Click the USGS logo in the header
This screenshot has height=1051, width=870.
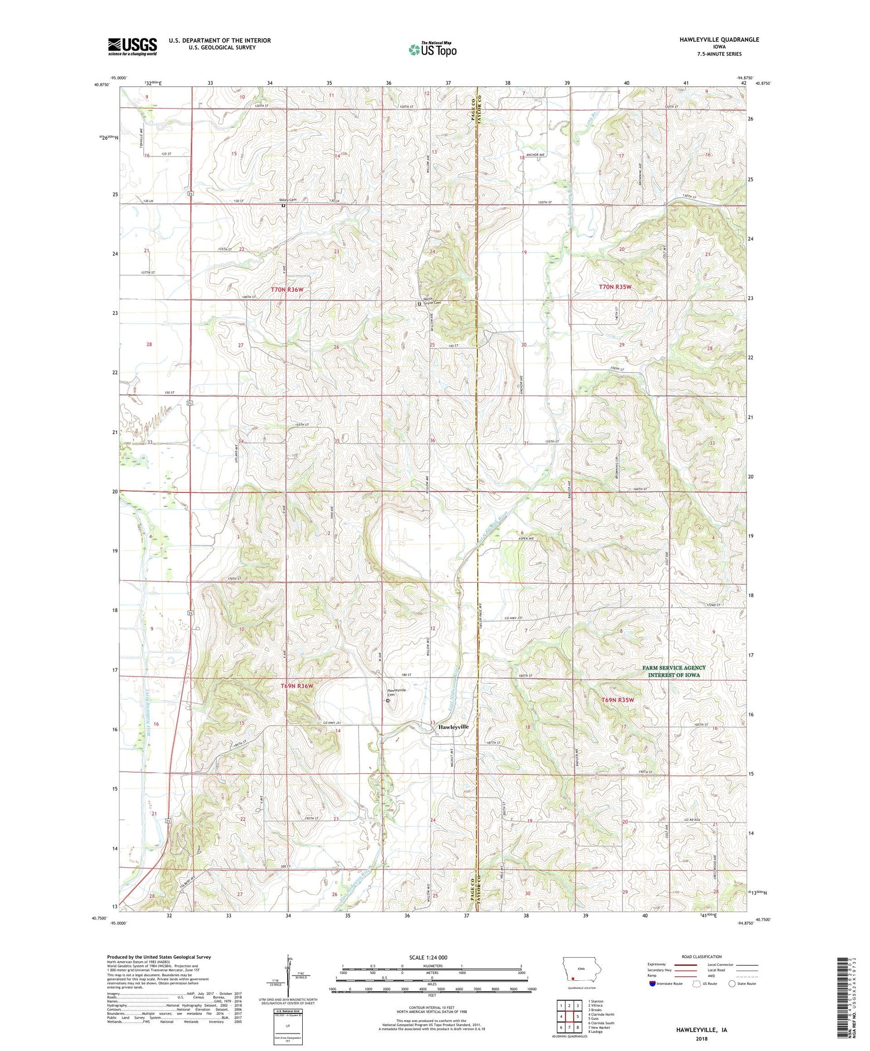click(x=132, y=46)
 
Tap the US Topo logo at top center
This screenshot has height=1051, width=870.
click(x=433, y=50)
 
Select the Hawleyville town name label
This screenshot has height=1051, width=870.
click(x=453, y=727)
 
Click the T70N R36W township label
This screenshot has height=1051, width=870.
click(x=287, y=289)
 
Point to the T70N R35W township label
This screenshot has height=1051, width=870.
click(x=615, y=287)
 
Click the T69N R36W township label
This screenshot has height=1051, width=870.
click(x=297, y=686)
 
